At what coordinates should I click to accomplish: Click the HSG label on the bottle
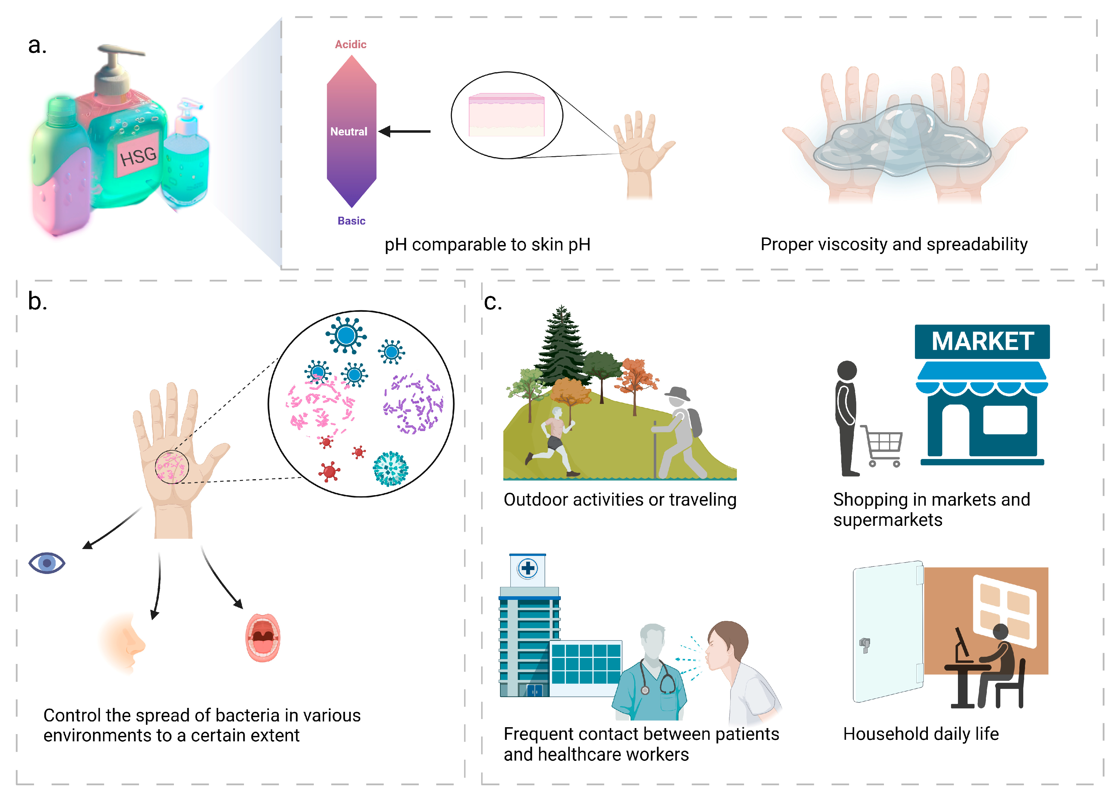pyautogui.click(x=138, y=156)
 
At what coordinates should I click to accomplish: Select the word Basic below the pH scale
pyautogui.click(x=351, y=221)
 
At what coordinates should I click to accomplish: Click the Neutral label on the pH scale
pyautogui.click(x=348, y=132)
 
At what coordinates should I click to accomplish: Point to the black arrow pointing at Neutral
pyautogui.click(x=405, y=132)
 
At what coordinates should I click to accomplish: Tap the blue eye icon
pyautogui.click(x=47, y=563)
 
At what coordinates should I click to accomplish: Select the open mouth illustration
pyautogui.click(x=263, y=637)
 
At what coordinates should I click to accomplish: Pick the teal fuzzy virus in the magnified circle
pyautogui.click(x=391, y=469)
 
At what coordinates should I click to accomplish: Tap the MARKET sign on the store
pyautogui.click(x=982, y=341)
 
